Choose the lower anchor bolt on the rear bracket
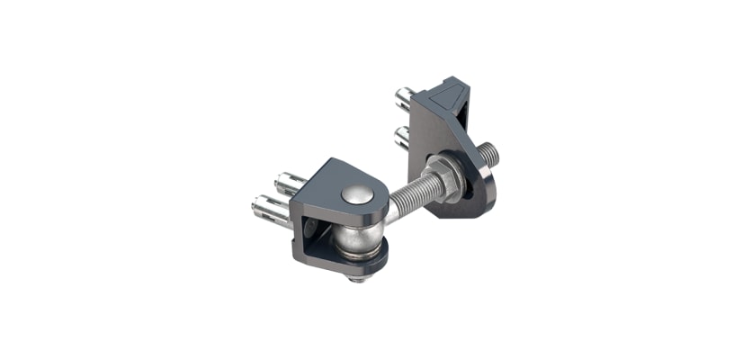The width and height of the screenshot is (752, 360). tap(402, 136)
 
